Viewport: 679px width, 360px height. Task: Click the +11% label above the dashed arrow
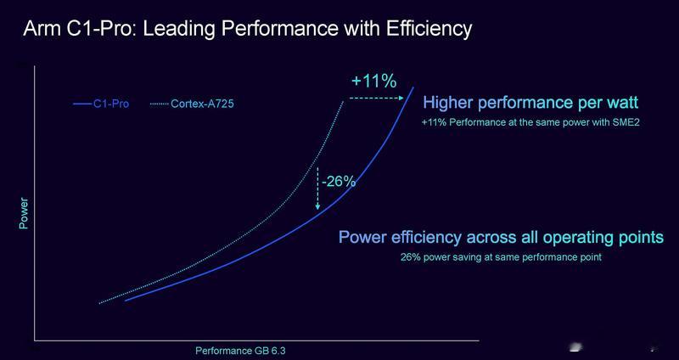(374, 81)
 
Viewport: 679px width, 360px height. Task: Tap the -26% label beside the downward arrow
(339, 182)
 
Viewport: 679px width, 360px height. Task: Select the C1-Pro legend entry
(101, 104)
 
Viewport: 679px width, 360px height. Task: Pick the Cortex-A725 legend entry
(192, 104)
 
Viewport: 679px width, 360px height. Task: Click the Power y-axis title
(24, 214)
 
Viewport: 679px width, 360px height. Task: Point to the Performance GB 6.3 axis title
(240, 351)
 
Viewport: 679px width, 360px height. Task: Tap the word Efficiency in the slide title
(429, 29)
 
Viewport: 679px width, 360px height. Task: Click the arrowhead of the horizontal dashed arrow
(401, 98)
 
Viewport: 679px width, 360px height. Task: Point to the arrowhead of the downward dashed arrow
(317, 206)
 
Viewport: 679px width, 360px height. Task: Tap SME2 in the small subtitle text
(628, 122)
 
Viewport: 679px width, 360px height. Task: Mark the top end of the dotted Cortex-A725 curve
(344, 101)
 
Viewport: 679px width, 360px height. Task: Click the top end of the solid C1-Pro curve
(413, 87)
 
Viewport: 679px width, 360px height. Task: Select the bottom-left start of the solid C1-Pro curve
(126, 301)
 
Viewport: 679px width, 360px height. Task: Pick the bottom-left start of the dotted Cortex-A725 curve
(99, 303)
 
